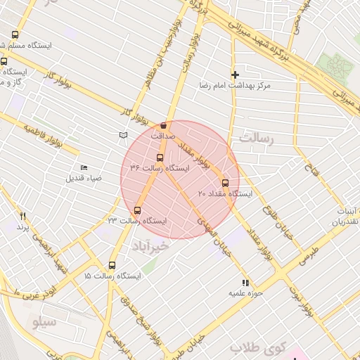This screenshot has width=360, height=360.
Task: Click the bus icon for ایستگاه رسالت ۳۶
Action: (x=160, y=158)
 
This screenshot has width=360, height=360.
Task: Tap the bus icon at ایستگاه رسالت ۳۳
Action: (x=137, y=210)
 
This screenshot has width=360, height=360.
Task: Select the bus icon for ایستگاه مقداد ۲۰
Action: (x=225, y=183)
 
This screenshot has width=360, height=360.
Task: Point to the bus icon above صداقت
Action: (x=164, y=125)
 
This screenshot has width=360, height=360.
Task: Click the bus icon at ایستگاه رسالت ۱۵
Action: (x=112, y=266)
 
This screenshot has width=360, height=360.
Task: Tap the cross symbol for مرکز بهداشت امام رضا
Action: (x=235, y=75)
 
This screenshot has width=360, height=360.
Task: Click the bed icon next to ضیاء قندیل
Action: (x=84, y=167)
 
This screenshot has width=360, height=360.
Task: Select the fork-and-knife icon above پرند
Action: (x=22, y=216)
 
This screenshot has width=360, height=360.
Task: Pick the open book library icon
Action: (x=124, y=134)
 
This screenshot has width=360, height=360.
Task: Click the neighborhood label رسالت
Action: (x=255, y=138)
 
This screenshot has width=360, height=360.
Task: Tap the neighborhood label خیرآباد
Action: (x=150, y=246)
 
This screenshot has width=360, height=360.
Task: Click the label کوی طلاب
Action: (x=259, y=347)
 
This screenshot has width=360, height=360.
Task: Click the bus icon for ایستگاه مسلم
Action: (x=15, y=35)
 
